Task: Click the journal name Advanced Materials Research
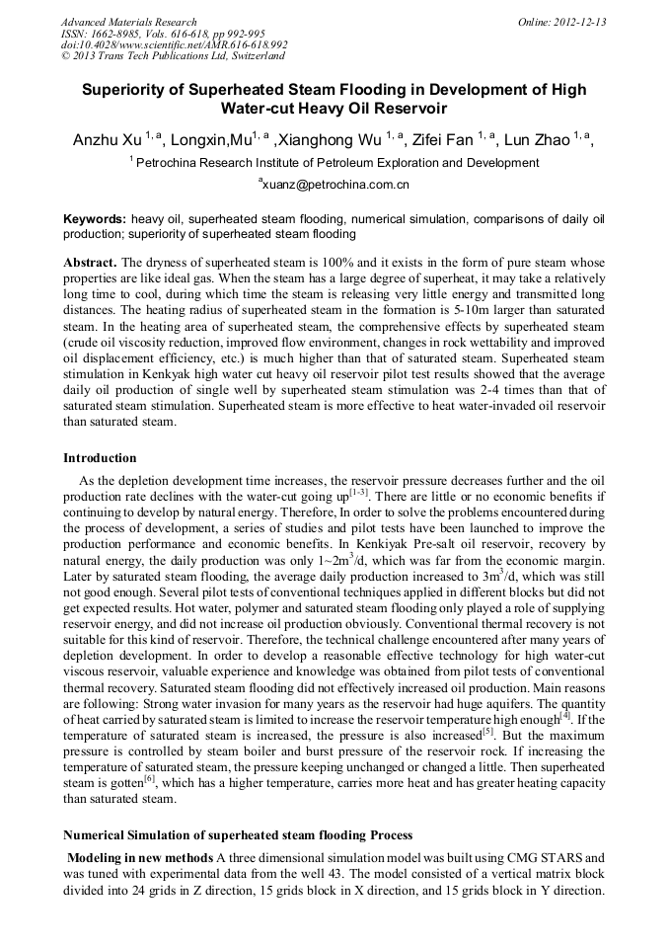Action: [128, 22]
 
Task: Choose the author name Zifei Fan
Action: [437, 140]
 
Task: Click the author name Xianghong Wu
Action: [332, 140]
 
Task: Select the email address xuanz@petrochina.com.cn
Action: [335, 185]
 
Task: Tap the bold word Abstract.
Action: [90, 264]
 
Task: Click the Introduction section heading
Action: [100, 458]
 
